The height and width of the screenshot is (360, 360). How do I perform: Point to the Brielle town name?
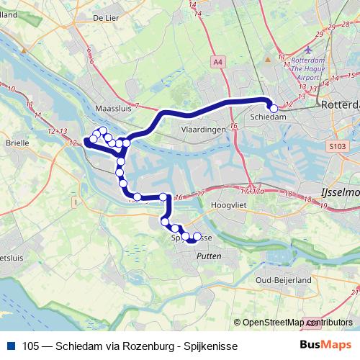pyautogui.click(x=17, y=143)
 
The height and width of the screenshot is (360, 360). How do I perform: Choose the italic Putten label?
pyautogui.click(x=208, y=256)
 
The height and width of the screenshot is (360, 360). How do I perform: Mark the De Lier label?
pyautogui.click(x=105, y=17)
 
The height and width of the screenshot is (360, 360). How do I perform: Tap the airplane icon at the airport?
pyautogui.click(x=309, y=49)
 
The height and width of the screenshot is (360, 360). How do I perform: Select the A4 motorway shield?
pyautogui.click(x=218, y=63)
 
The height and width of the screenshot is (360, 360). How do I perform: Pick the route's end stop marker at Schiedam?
pyautogui.click(x=274, y=109)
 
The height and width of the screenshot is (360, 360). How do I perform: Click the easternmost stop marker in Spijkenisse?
pyautogui.click(x=197, y=236)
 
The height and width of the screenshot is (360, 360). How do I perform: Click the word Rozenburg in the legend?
pyautogui.click(x=140, y=346)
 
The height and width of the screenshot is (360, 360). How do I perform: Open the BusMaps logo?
pyautogui.click(x=325, y=346)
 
